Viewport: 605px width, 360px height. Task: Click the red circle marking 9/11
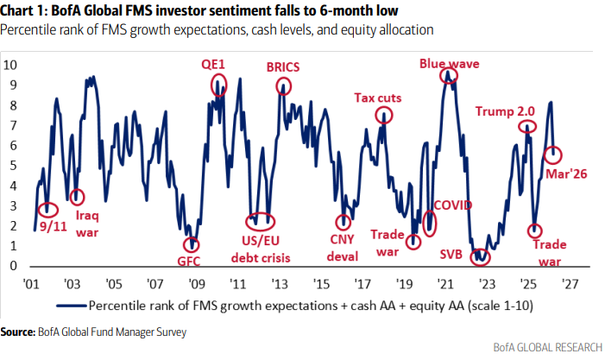point(49,209)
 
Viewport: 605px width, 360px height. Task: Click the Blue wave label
point(449,63)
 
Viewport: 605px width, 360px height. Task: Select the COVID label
point(453,205)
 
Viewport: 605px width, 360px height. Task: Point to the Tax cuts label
point(378,97)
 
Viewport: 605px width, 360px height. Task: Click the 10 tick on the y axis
point(11,65)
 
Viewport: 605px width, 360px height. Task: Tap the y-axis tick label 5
point(15,165)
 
